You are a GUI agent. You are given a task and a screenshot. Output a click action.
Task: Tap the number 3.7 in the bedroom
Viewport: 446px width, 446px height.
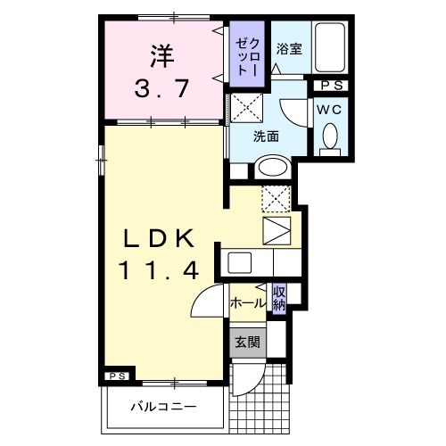coord(161,88)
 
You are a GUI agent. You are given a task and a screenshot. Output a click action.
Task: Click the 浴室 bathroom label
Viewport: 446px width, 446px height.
coord(288,50)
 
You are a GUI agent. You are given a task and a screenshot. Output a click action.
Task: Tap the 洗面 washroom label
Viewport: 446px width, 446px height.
coord(267,136)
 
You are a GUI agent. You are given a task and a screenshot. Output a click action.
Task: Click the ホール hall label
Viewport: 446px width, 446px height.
coord(247,303)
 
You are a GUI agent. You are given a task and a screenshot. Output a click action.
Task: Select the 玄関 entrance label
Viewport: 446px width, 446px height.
coord(247,342)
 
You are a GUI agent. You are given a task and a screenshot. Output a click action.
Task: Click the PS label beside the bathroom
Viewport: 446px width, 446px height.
coord(333,85)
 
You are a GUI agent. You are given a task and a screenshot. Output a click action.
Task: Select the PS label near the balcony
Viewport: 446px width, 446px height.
coord(117,376)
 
